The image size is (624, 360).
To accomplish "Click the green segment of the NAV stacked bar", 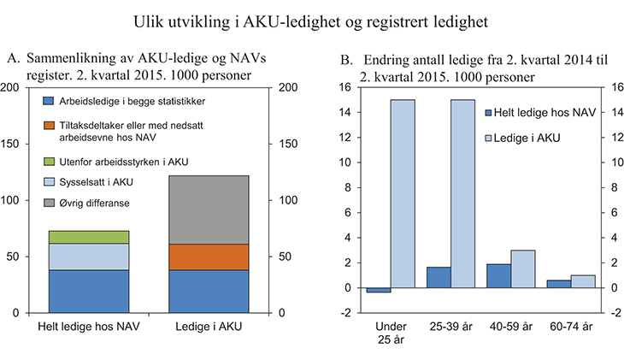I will pos(89,237).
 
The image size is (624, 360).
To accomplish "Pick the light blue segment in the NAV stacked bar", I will pos(89,257).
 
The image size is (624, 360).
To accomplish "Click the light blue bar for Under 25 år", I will pos(403,193).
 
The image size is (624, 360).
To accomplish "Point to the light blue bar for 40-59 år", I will pos(522,269).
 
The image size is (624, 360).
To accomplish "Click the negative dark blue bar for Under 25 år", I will pos(379,290).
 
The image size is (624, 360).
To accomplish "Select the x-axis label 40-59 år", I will pos(510,328).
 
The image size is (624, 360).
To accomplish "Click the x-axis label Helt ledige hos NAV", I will pos(89,327).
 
